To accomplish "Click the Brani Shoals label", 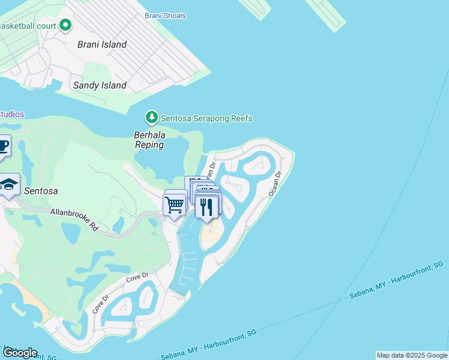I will point(165,16).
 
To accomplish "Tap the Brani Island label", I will point(102,44).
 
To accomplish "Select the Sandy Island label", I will point(100,85).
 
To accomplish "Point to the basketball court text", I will point(28,26).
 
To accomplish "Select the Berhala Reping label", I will point(149,140).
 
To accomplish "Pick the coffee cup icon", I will point(2,146).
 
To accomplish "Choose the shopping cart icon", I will point(175,205).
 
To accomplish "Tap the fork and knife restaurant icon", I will point(206,207).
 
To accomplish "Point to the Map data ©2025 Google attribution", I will point(412,355).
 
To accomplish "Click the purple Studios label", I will point(12,114).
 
